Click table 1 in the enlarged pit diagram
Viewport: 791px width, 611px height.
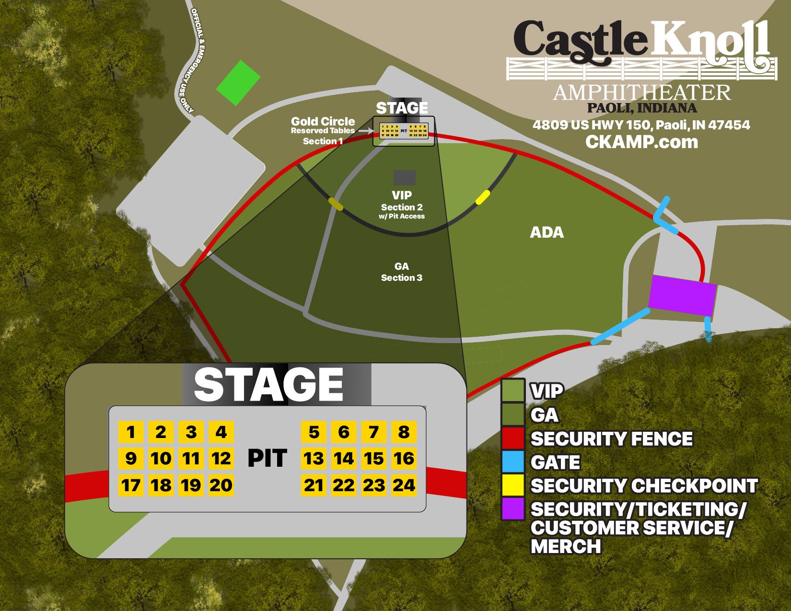(130, 432)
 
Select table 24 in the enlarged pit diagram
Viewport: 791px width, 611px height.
(404, 485)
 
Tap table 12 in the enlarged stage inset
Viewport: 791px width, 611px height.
(221, 459)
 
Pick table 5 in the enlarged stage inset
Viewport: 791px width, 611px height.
(314, 432)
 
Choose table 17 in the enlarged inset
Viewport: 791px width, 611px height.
(130, 485)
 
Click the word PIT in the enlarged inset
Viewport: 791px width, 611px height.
(267, 459)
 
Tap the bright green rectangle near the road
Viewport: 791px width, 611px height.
(238, 82)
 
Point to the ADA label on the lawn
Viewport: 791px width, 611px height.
(547, 233)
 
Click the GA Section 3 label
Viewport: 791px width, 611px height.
(402, 272)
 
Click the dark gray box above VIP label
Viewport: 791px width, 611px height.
(405, 178)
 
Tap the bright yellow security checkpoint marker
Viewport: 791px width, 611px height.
(482, 197)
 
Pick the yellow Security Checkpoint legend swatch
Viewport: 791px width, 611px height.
(513, 485)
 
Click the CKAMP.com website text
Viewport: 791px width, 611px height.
(641, 142)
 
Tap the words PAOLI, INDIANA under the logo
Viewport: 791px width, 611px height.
(642, 108)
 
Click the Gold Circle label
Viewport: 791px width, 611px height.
(323, 121)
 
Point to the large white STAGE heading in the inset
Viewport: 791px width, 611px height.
(268, 385)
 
